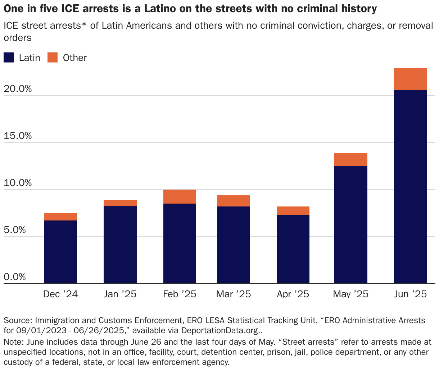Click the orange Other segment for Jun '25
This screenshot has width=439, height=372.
tap(410, 79)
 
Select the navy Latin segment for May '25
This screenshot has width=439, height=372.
tap(350, 224)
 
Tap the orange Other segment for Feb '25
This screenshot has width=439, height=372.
tap(180, 196)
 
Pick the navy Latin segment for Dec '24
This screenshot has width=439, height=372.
tap(60, 252)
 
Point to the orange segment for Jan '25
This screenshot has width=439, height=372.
tap(120, 203)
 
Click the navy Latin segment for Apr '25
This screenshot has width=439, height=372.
tap(293, 249)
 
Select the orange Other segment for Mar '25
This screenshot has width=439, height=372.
tap(233, 201)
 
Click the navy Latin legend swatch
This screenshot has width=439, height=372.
tap(9, 58)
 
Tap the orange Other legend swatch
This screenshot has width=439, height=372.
tap(53, 58)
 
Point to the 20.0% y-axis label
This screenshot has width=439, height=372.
tap(17, 89)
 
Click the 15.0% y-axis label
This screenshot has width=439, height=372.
tap(17, 136)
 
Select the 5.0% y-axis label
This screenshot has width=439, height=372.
tap(15, 230)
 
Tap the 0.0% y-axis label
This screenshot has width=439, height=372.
tap(15, 277)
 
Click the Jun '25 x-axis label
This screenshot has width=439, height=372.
tap(410, 294)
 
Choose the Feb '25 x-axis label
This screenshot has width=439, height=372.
tap(180, 294)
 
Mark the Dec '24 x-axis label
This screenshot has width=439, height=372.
tap(60, 294)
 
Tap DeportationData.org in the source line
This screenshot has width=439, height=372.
tap(219, 330)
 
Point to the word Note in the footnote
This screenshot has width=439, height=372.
tap(12, 342)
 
